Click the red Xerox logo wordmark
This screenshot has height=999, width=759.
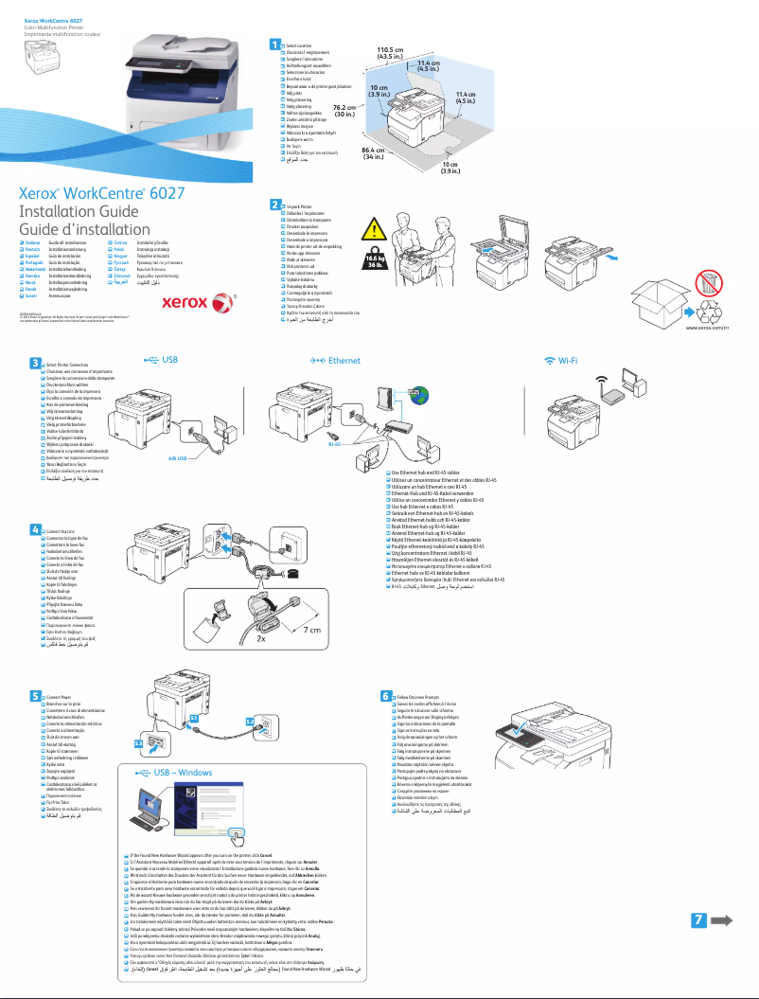(184, 303)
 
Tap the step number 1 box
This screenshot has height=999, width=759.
(274, 44)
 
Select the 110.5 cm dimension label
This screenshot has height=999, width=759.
(390, 53)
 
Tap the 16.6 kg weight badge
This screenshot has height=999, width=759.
(376, 262)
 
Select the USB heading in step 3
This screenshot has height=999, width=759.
(168, 361)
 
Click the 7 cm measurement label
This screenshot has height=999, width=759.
(313, 630)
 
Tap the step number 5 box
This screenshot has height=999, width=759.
(35, 696)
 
